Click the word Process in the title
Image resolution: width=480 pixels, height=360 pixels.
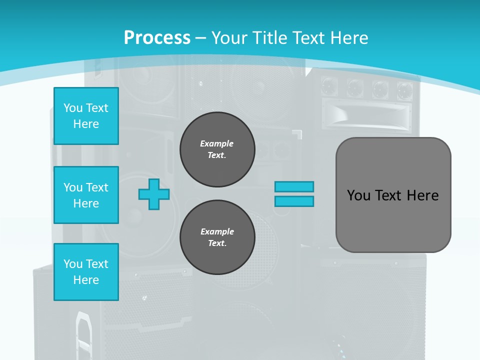(157, 38)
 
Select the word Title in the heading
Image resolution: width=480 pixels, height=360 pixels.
(269, 38)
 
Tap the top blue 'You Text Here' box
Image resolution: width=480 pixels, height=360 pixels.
(86, 116)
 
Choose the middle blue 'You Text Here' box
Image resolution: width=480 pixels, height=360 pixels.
(86, 195)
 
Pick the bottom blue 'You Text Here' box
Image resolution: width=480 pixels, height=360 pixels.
(86, 272)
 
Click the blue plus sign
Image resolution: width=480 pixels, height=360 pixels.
(154, 194)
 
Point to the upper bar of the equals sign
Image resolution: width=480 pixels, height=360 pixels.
(294, 186)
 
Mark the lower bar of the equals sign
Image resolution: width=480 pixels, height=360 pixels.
(294, 201)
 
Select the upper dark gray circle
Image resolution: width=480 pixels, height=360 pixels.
(217, 149)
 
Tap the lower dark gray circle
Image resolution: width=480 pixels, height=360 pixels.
(217, 237)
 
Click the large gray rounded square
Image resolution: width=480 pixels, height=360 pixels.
(393, 195)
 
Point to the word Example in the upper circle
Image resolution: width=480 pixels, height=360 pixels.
(217, 143)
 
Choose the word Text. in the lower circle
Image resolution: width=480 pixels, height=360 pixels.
(217, 243)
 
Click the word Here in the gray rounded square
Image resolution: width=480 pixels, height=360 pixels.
(422, 195)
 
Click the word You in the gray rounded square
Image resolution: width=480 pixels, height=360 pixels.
(359, 195)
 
